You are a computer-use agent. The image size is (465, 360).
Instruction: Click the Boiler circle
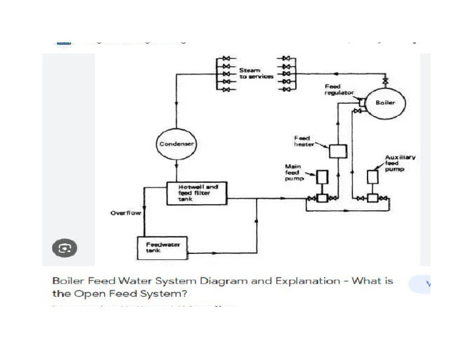[x=385, y=103]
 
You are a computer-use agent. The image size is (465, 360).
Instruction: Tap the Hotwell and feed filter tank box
[x=197, y=193]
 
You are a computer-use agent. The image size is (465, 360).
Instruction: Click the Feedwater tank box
[x=160, y=247]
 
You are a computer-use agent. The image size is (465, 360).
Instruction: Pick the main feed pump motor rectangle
[x=322, y=176]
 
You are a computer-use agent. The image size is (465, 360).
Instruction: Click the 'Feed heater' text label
[x=304, y=141]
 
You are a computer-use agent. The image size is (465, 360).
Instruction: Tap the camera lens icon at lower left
[x=64, y=247]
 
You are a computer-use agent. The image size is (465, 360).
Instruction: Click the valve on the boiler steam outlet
[x=385, y=81]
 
